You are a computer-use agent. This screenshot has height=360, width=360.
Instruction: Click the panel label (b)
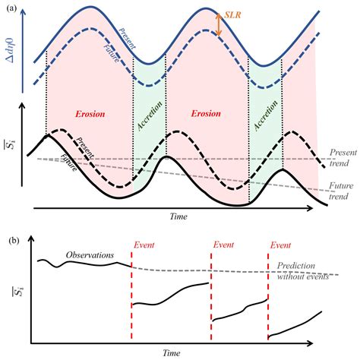[x=14, y=242]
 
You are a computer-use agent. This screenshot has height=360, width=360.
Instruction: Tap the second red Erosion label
[x=206, y=114]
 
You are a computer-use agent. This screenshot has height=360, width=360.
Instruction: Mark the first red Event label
[x=146, y=245]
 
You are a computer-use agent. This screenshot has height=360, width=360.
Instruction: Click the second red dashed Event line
[x=210, y=296]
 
